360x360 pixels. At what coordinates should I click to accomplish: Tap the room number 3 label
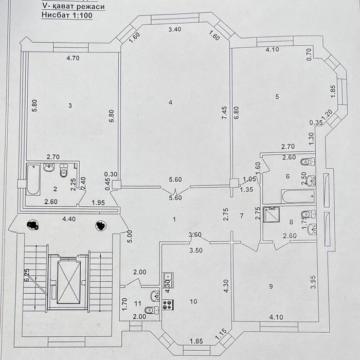[x=70, y=105]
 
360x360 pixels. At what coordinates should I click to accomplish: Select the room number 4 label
[x=170, y=102]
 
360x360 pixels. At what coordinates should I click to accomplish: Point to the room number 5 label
[x=277, y=96]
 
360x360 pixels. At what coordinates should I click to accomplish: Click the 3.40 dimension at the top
[x=175, y=30]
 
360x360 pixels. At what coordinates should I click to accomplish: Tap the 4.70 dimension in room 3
[x=73, y=58]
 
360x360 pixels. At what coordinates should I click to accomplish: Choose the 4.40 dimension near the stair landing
[x=68, y=219]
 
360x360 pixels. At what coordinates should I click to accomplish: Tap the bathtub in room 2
[x=33, y=178]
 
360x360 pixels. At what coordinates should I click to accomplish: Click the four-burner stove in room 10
[x=168, y=304]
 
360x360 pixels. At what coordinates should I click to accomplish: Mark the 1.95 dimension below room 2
[x=98, y=202]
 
